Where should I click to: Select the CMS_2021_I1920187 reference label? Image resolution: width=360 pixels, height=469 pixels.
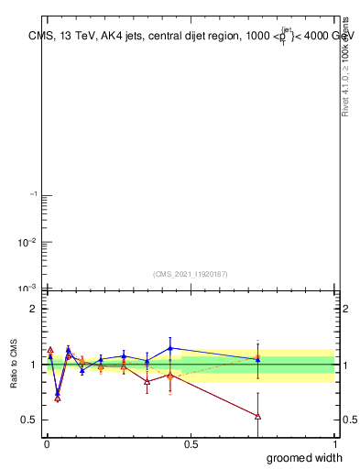pos(190,273)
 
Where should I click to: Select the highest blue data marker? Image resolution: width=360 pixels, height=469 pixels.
pos(170,348)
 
